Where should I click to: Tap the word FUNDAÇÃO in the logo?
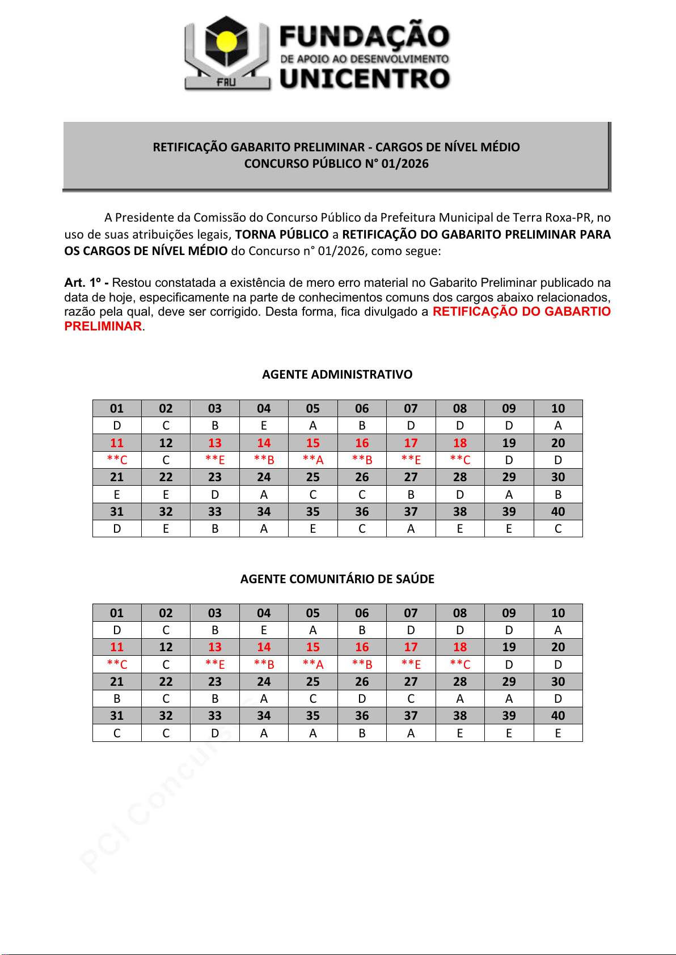[364, 36]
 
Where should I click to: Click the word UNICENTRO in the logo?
[365, 79]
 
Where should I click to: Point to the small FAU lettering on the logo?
[226, 82]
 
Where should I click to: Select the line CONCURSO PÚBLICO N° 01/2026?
[336, 164]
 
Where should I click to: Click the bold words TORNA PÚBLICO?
[282, 235]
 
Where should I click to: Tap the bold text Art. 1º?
[82, 283]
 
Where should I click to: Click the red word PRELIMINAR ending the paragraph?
[103, 326]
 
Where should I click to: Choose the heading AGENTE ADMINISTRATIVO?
[337, 375]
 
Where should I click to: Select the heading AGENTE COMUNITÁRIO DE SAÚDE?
[337, 579]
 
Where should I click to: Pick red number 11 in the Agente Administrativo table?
[117, 443]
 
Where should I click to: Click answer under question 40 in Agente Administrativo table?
[558, 529]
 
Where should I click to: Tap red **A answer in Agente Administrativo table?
[313, 460]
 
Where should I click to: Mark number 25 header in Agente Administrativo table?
[313, 477]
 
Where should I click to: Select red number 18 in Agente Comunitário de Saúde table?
[460, 647]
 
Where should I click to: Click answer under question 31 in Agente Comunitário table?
[117, 733]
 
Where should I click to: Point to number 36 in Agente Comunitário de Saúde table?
[362, 716]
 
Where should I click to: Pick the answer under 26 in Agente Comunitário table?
[362, 699]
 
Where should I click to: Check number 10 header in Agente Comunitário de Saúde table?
[558, 613]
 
